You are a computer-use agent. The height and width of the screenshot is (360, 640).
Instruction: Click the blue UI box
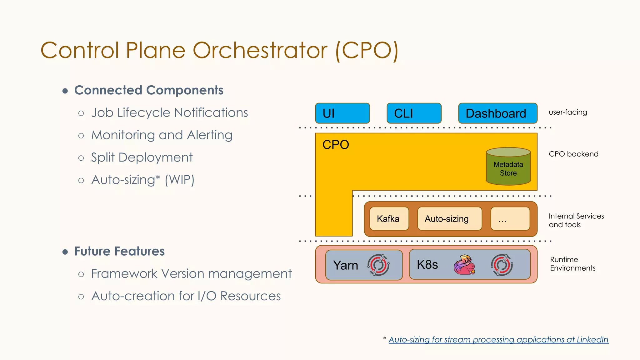342,113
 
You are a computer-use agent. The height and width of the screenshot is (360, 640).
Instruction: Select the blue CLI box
414,113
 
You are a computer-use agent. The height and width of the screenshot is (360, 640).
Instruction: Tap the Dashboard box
497,113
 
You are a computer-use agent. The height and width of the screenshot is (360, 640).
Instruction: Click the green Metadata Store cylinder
508,167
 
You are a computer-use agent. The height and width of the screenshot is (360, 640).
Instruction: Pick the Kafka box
389,219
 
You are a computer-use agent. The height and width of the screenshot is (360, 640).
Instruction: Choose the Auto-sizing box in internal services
449,219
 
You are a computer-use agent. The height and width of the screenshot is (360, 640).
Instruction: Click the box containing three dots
510,219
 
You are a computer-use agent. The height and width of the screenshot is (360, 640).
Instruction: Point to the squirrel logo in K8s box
464,265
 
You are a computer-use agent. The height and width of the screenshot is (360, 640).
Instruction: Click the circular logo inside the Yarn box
378,265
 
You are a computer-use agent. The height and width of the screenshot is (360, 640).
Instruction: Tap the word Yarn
345,265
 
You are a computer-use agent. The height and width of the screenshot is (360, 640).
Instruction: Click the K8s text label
427,265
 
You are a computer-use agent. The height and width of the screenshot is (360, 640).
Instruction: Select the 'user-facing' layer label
568,112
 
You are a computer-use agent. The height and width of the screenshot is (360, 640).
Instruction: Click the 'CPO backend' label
573,154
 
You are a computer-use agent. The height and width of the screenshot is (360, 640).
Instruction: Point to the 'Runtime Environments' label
572,264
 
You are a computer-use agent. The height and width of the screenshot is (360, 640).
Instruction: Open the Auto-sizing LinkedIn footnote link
498,340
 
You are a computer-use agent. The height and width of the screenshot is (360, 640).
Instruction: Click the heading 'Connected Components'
149,90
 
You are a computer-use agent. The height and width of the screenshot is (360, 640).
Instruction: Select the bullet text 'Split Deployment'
142,157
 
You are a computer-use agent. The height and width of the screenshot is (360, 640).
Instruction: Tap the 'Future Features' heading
119,251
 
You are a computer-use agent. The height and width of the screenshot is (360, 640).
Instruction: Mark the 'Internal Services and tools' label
576,220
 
